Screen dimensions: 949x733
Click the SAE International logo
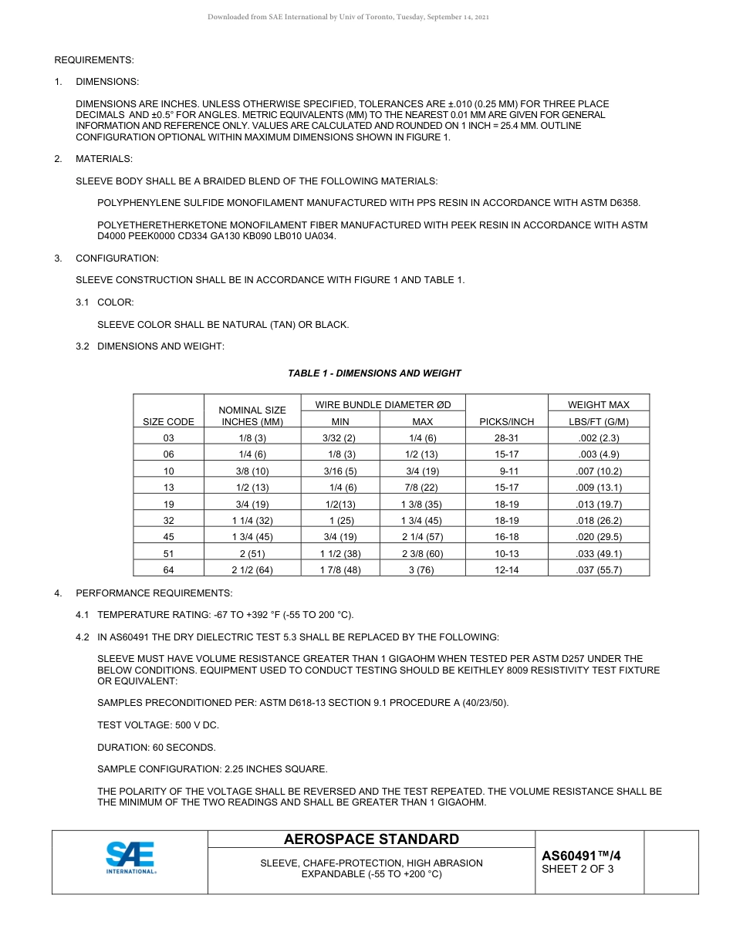[x=130, y=857]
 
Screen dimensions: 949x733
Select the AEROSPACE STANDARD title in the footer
[x=371, y=839]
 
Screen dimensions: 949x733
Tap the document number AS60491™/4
[x=581, y=856]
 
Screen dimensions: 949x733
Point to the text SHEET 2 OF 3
[x=578, y=870]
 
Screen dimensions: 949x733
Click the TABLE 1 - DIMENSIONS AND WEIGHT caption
[x=374, y=373]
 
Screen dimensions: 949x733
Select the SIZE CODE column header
[x=169, y=422]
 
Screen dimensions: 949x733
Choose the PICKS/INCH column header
[x=506, y=422]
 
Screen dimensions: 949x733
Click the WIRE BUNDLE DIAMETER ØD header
[x=383, y=404]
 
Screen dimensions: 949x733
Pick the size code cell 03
[x=169, y=438]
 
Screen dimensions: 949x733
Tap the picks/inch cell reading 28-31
[x=506, y=438]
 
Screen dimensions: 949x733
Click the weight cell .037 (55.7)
[x=599, y=570]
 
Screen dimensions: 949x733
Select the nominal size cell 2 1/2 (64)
[x=252, y=570]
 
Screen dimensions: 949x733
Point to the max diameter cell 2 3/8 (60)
[x=422, y=554]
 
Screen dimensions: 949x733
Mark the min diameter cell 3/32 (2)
[x=339, y=438]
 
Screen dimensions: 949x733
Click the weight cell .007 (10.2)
[x=599, y=471]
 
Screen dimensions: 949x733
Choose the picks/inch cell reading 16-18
[x=506, y=537]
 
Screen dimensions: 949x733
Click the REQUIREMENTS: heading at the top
[x=94, y=60]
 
